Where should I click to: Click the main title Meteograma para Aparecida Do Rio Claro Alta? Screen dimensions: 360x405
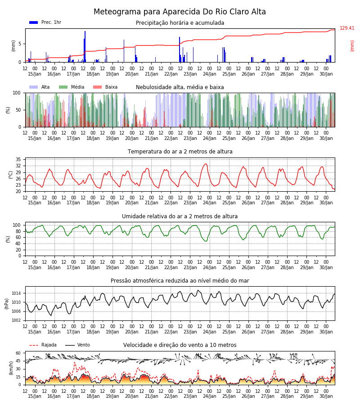180,12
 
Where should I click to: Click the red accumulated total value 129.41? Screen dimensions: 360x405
347,28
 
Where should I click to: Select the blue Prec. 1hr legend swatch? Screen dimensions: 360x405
34,22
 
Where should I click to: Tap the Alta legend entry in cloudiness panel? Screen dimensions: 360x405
40,87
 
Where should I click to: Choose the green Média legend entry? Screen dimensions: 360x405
72,87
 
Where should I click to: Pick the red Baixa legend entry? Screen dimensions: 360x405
105,87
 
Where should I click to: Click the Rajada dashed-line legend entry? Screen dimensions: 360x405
43,345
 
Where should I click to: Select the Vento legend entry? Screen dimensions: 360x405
77,345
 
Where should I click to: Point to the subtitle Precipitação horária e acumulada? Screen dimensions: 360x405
180,23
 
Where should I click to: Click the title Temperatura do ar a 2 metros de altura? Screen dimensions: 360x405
180,152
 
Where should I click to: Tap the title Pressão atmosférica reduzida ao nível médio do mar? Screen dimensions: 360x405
180,280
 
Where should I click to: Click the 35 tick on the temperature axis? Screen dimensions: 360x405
18,159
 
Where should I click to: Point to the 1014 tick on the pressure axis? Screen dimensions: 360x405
16,293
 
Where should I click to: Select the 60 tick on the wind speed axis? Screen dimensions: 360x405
18,353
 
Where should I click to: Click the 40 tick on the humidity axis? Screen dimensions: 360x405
18,243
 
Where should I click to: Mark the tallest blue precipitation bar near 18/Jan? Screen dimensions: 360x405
85,46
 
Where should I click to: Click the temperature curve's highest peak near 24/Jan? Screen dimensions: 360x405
206,164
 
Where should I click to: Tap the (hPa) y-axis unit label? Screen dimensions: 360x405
7,304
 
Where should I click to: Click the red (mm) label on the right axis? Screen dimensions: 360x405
352,46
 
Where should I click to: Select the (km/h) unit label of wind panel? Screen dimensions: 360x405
11,368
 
